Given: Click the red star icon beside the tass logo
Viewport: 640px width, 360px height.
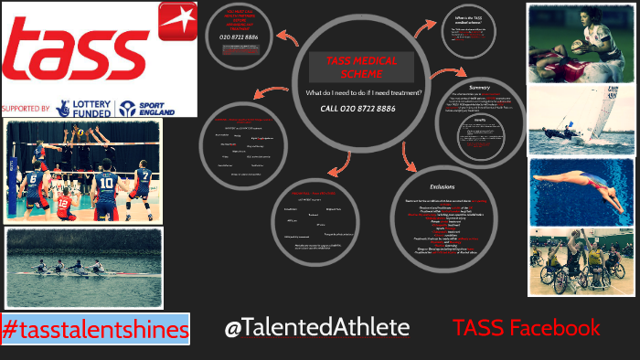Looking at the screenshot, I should click(176, 20).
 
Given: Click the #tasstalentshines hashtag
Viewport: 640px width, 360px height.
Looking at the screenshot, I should click(94, 328).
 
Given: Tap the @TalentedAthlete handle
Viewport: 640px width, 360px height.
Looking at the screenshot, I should click(317, 328).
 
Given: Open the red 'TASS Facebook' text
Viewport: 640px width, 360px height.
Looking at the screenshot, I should click(527, 328).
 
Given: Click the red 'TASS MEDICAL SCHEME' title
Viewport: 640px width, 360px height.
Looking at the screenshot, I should click(357, 66).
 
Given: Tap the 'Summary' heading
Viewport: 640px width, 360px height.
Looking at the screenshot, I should click(480, 88).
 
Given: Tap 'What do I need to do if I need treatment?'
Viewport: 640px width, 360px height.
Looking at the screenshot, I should click(357, 93).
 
